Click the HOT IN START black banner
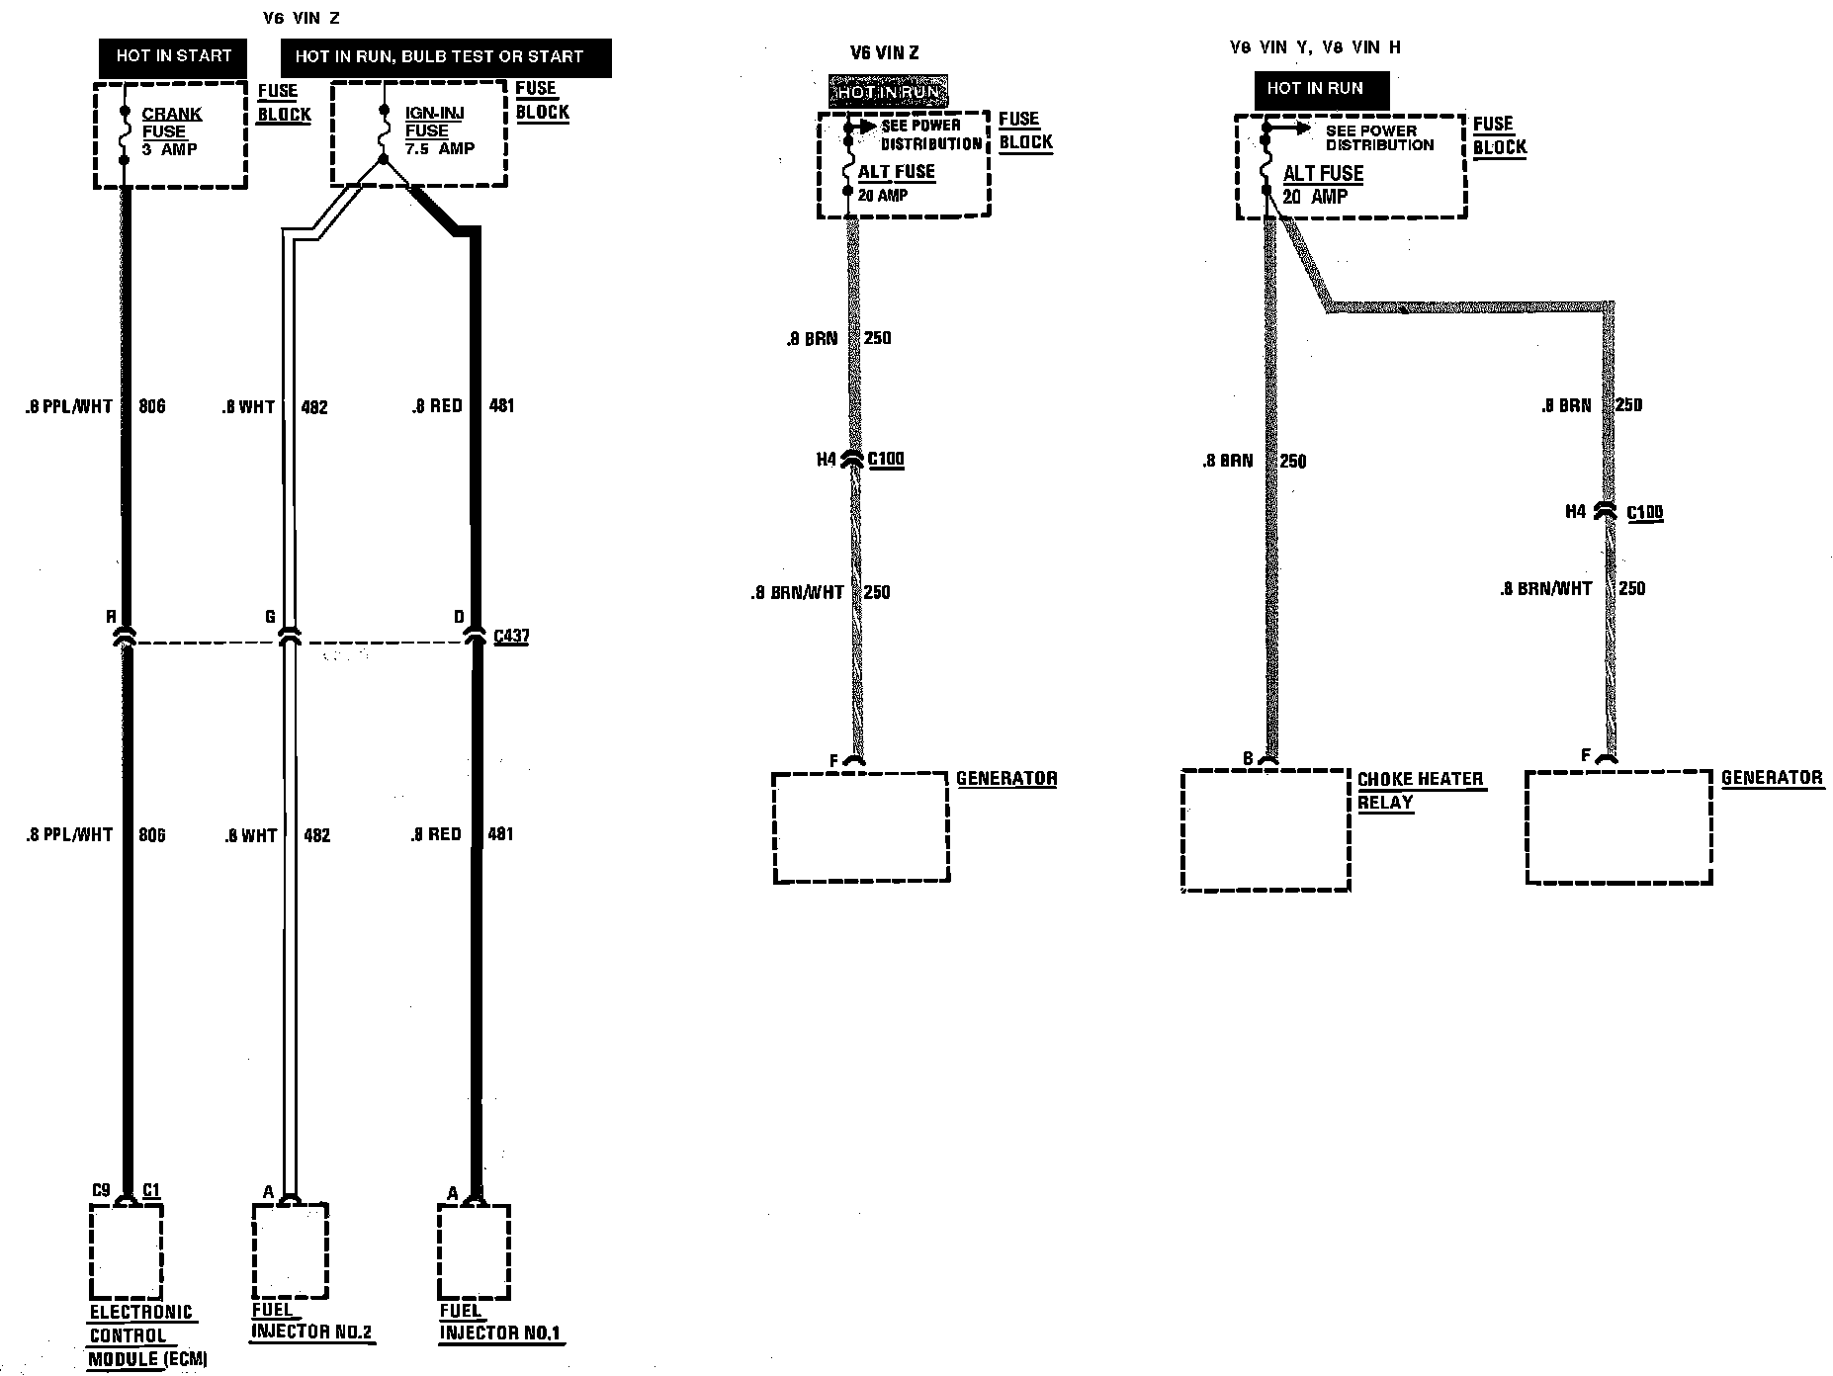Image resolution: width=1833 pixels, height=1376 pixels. [x=173, y=56]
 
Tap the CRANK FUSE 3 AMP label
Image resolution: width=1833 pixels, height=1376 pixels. [x=171, y=131]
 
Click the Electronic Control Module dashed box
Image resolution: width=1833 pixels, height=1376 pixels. [x=126, y=1252]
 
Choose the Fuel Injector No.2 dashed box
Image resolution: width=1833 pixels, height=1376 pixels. [x=290, y=1251]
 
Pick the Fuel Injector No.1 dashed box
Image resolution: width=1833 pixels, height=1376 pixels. [x=475, y=1251]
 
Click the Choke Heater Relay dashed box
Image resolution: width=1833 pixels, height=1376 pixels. [x=1266, y=830]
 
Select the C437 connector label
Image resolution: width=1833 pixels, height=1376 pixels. [x=511, y=636]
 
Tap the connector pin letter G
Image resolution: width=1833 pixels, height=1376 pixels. [x=269, y=617]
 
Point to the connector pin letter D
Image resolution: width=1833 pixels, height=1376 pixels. [x=459, y=617]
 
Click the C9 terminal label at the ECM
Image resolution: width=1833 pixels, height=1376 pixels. [x=100, y=1190]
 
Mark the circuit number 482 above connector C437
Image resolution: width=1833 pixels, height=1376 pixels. [x=313, y=407]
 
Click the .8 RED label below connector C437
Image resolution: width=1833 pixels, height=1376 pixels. [x=436, y=834]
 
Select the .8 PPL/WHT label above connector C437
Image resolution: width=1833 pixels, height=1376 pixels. [x=69, y=406]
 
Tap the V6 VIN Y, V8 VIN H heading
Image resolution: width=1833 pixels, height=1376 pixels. [x=1315, y=47]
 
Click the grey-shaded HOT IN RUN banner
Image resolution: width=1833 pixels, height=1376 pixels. [x=888, y=92]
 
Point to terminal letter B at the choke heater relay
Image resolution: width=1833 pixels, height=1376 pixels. [x=1248, y=759]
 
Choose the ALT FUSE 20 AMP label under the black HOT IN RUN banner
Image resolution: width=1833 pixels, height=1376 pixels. [x=1322, y=185]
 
